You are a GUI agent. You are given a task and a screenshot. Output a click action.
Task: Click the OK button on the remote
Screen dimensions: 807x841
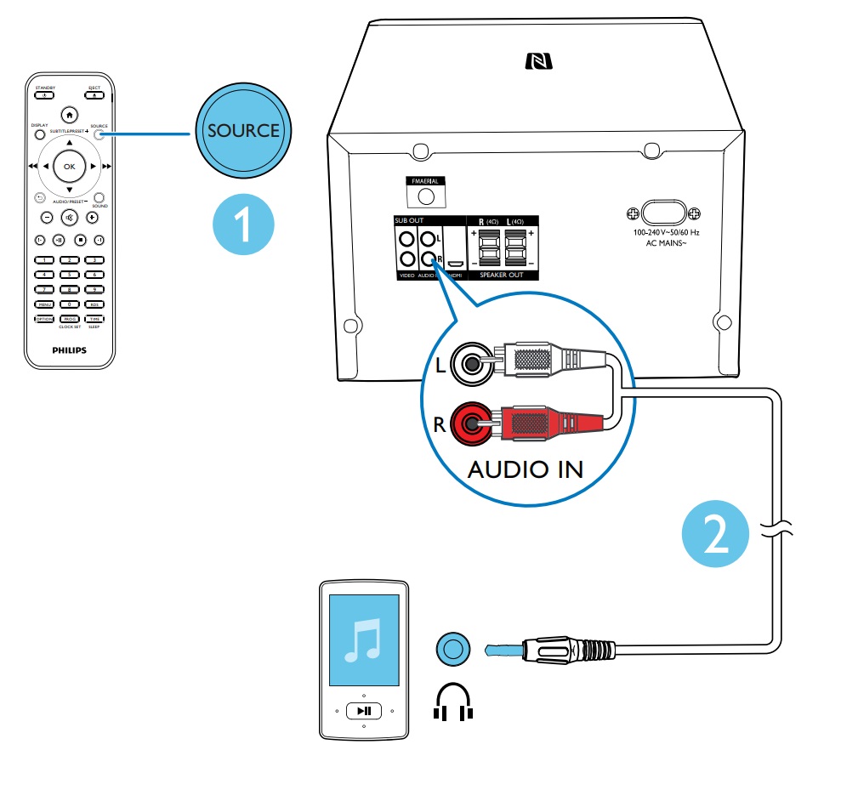pos(69,166)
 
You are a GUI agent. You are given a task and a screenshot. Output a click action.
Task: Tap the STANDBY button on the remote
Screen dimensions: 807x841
pos(43,96)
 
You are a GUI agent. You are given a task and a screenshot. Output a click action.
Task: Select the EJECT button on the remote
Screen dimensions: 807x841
pos(94,96)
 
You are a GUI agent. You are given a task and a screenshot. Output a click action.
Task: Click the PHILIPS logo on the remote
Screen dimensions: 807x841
pos(69,349)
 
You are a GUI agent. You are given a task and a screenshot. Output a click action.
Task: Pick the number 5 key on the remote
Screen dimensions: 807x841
pos(69,274)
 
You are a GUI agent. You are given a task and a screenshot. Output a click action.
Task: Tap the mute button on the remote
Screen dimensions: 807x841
pos(69,217)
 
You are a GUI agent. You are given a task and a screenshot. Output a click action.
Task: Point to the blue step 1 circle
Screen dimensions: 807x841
pos(242,224)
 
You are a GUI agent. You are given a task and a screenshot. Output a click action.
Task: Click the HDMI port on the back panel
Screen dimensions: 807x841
pos(455,262)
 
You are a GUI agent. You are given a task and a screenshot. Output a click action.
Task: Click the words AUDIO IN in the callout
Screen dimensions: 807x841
pos(525,469)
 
